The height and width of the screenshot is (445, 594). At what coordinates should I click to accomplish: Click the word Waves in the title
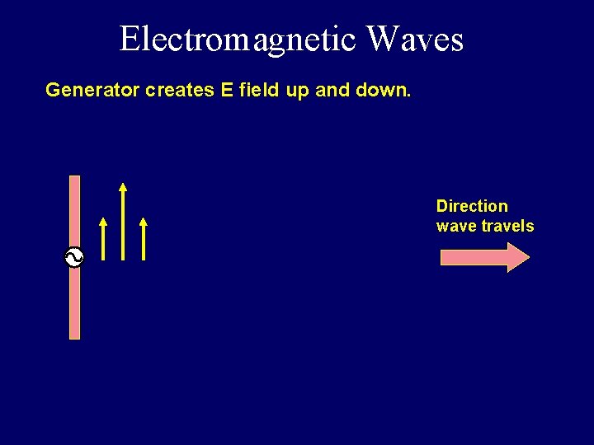[x=415, y=39]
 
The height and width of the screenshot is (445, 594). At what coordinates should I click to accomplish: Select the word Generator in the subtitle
[x=92, y=90]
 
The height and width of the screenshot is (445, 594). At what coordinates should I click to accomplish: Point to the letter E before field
[x=227, y=90]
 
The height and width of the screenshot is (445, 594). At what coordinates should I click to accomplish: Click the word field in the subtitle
[x=260, y=90]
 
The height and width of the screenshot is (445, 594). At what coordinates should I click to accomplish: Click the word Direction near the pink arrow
[x=472, y=206]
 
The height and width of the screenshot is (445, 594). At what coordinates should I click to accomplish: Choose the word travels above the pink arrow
[x=507, y=226]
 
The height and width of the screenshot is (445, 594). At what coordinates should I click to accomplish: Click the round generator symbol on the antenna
[x=74, y=258]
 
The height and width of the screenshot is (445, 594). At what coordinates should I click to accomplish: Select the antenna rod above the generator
[x=74, y=210]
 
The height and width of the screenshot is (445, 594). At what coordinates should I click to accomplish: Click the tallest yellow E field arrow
[x=123, y=222]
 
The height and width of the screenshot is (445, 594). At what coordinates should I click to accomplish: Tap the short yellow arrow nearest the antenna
[x=103, y=239]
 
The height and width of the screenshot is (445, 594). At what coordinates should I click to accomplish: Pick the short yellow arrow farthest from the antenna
[x=144, y=239]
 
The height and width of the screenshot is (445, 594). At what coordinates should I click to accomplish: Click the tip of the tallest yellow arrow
[x=123, y=185]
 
